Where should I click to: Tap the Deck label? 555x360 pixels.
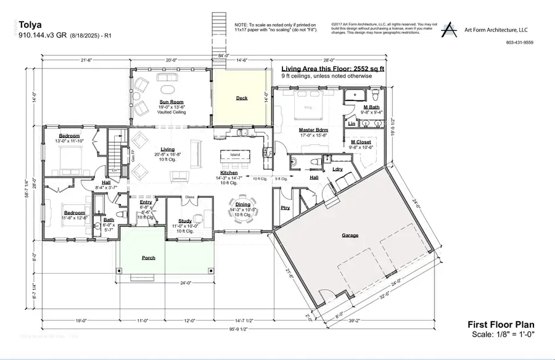242,98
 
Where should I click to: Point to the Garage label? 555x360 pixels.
350,235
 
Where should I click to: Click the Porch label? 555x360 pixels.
148,258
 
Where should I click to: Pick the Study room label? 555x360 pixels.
184,220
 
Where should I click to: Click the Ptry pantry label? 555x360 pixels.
285,208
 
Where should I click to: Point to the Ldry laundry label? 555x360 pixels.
337,169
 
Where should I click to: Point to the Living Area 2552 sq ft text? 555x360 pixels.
332,68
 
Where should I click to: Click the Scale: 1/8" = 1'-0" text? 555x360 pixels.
504,335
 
